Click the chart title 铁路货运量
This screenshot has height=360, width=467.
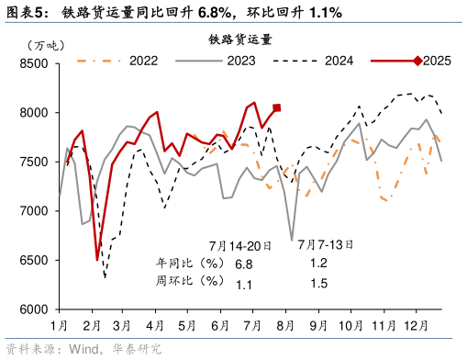[x=239, y=39]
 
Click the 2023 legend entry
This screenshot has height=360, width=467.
[x=241, y=61]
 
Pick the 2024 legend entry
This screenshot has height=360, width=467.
[x=339, y=61]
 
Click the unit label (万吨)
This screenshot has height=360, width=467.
[x=45, y=45]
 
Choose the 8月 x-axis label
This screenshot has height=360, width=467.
[x=284, y=325]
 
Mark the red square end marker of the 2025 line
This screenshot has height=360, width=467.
[x=277, y=107]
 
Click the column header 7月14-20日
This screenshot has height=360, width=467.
[x=239, y=245]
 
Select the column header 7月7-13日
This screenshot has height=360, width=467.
[x=323, y=245]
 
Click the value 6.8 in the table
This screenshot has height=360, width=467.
[x=243, y=264]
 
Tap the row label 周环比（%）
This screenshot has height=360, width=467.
[x=186, y=285]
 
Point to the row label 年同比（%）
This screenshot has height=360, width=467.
[x=186, y=264]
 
